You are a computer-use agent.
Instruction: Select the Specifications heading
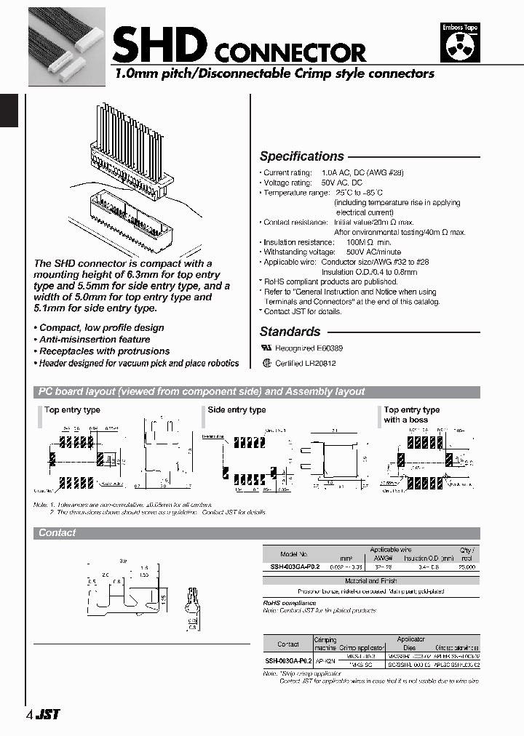301,156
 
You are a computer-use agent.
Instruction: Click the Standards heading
290,332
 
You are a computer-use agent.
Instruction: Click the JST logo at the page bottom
48,714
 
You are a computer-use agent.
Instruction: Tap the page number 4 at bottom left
28,714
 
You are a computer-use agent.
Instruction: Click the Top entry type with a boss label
412,415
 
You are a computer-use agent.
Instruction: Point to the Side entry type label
237,410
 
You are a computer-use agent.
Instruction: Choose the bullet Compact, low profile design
101,328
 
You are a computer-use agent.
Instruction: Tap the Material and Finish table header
371,581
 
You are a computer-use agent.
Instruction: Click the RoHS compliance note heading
290,603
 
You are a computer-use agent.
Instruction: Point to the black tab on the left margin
8,111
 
